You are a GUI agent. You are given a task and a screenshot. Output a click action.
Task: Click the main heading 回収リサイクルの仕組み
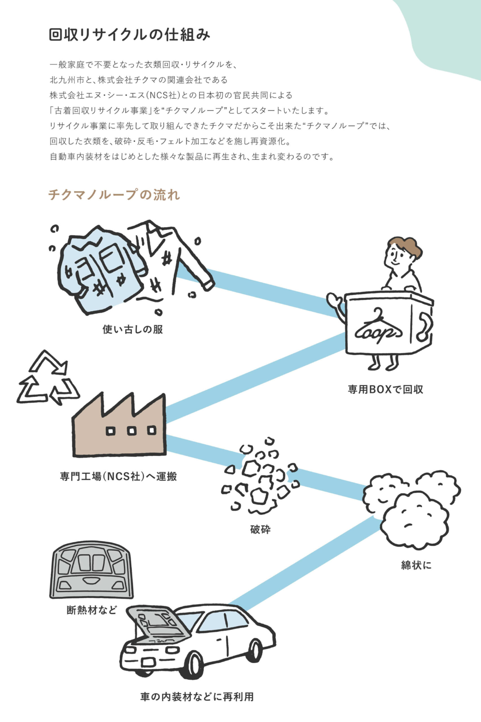coord(129,35)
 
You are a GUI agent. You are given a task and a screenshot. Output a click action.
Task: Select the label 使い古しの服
coord(132,330)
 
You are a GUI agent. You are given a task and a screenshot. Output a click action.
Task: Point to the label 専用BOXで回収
coord(385,389)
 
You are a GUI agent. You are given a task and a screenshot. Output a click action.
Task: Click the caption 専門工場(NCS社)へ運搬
coord(118,477)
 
